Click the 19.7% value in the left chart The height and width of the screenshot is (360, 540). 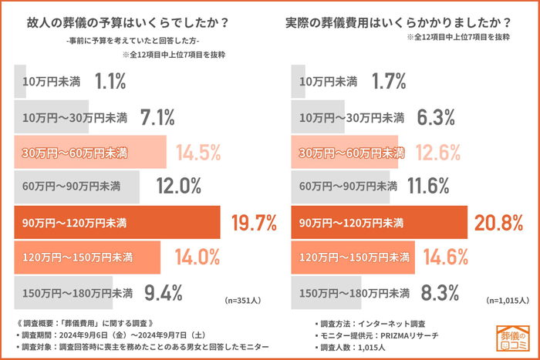pos(254,223)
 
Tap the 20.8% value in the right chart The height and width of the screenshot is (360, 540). pos(499,223)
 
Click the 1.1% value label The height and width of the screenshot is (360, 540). pos(110,81)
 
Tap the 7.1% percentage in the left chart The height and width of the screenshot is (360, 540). pos(157,117)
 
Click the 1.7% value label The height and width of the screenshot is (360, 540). pos(389,81)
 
